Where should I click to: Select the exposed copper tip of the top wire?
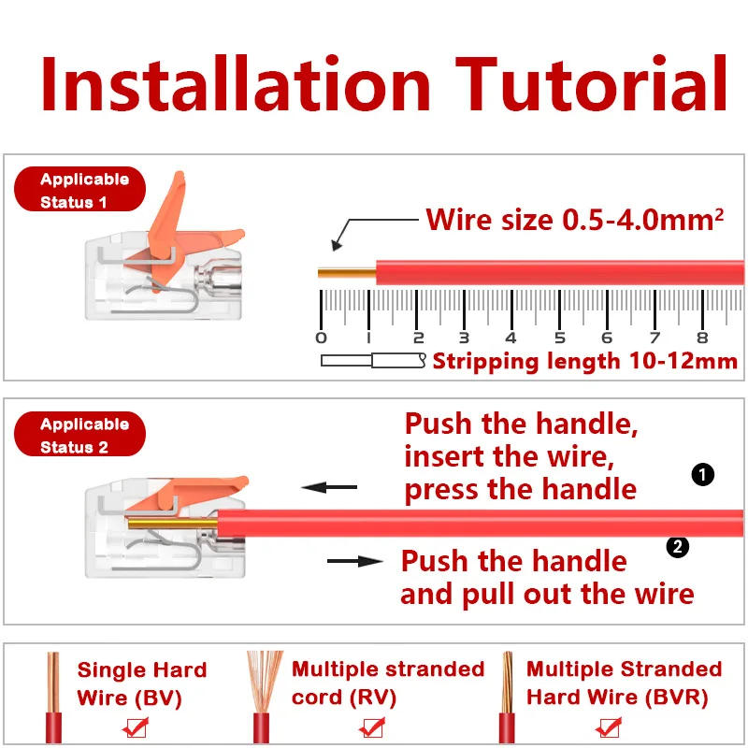(x=346, y=273)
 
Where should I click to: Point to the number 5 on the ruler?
(x=559, y=338)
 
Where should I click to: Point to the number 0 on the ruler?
(x=322, y=338)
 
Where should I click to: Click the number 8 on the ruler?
(x=701, y=338)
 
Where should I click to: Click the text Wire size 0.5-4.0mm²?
(x=575, y=221)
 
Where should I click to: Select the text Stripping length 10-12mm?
(x=584, y=362)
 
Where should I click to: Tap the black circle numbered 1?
(x=703, y=475)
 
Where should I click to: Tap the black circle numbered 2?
(x=678, y=547)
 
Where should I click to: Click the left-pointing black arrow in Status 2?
(x=329, y=487)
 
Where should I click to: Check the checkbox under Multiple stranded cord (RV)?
(x=372, y=726)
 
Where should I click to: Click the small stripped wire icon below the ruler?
(x=372, y=361)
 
